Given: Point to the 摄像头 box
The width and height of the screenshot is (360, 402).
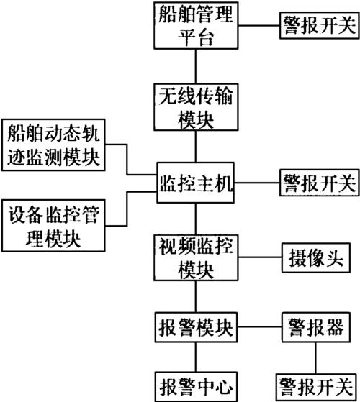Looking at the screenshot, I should point(314,257).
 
